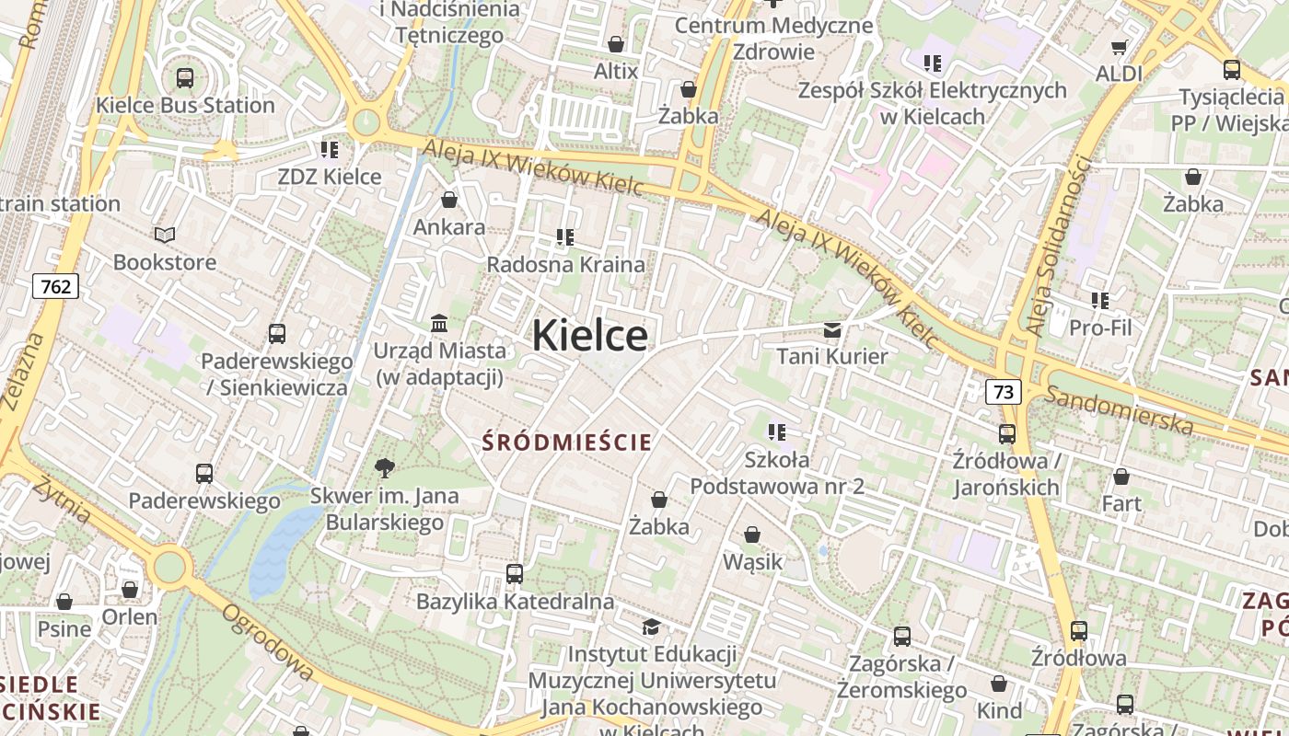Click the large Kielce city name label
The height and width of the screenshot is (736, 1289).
tap(589, 336)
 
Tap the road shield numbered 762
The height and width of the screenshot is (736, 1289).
tap(55, 286)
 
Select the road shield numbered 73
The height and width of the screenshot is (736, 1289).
tap(1004, 392)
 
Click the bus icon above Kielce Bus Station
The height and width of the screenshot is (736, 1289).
tap(185, 78)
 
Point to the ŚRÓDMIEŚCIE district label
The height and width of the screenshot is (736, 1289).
tap(567, 443)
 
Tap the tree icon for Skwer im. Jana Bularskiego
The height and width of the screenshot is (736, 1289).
tap(385, 469)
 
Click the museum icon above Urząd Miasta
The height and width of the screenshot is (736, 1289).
tap(439, 323)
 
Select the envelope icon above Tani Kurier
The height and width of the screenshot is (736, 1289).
tap(832, 329)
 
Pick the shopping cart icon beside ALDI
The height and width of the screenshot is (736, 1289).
tap(1119, 47)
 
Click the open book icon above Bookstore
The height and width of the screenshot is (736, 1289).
tap(165, 236)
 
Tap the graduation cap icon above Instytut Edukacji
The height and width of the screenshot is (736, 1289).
tap(651, 627)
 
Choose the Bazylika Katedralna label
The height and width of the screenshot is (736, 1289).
tap(515, 602)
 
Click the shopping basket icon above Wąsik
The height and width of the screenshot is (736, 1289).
tap(752, 535)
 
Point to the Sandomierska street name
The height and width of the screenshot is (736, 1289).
tap(1120, 410)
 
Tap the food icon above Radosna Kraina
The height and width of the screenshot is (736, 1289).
tap(565, 237)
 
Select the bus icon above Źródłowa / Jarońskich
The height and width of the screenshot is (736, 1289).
tap(1007, 433)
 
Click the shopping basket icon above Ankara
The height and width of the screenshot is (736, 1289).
tap(449, 200)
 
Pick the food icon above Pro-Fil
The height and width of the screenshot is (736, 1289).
tap(1100, 300)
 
